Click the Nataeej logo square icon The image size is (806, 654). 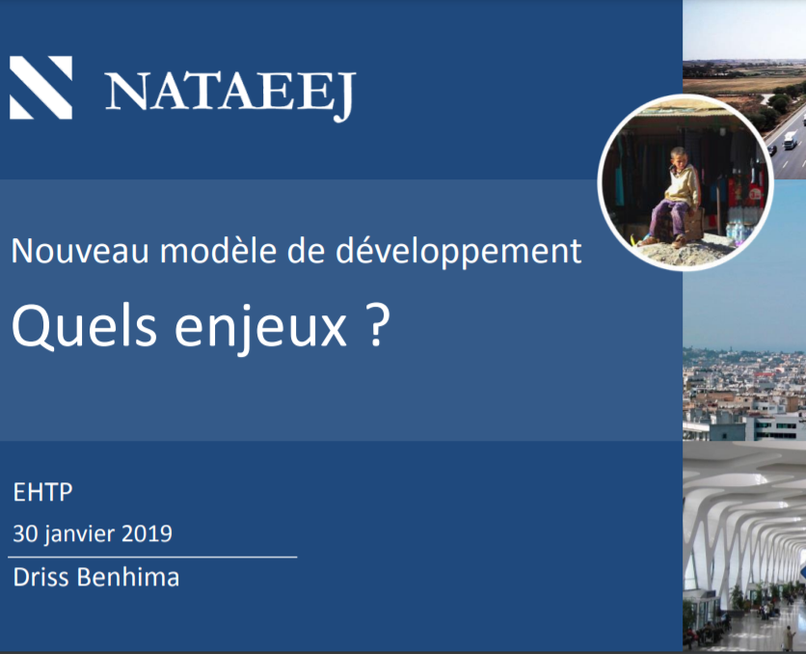(41, 88)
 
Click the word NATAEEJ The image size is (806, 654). (230, 94)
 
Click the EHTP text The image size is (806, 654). (42, 493)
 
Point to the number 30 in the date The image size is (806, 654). (25, 532)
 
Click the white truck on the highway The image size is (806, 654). (790, 141)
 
